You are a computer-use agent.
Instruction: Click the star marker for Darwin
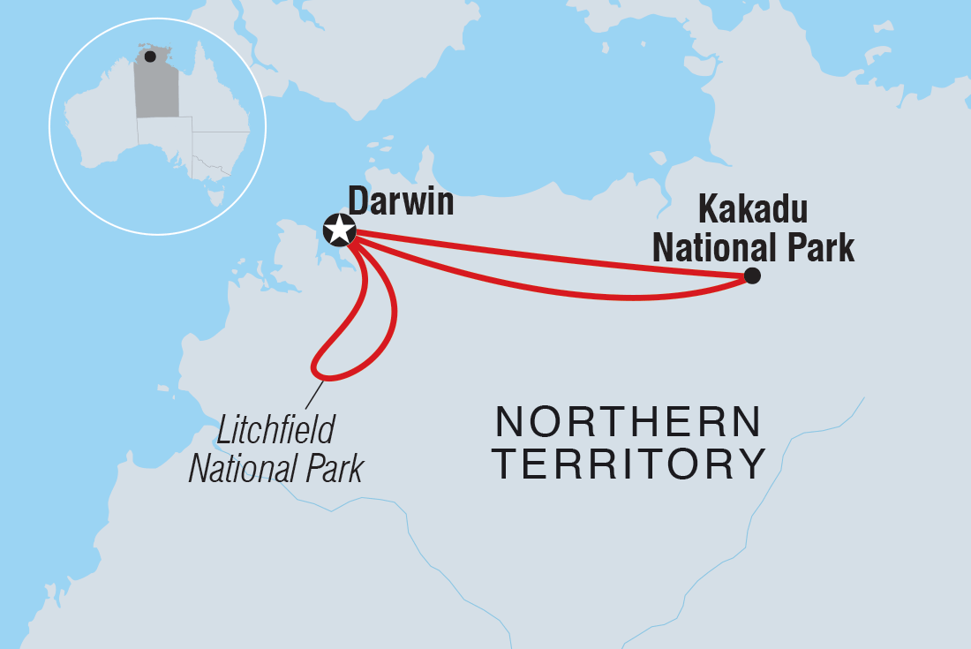339,230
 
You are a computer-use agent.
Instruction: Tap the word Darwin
401,201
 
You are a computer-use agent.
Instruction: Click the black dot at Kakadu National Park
752,275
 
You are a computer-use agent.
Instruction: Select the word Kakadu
753,211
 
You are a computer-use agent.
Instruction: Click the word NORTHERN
628,423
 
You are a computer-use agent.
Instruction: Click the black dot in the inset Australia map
150,57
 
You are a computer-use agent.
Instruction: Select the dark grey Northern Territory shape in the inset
156,88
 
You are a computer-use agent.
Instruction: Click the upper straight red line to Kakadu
547,255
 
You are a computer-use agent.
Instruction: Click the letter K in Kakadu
708,211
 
